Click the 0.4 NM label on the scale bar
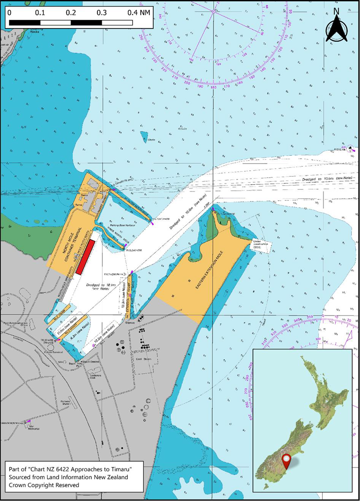click(x=139, y=12)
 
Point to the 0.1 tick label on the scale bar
click(x=40, y=12)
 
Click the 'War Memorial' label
click(x=33, y=427)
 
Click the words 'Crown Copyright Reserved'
click(x=43, y=484)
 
